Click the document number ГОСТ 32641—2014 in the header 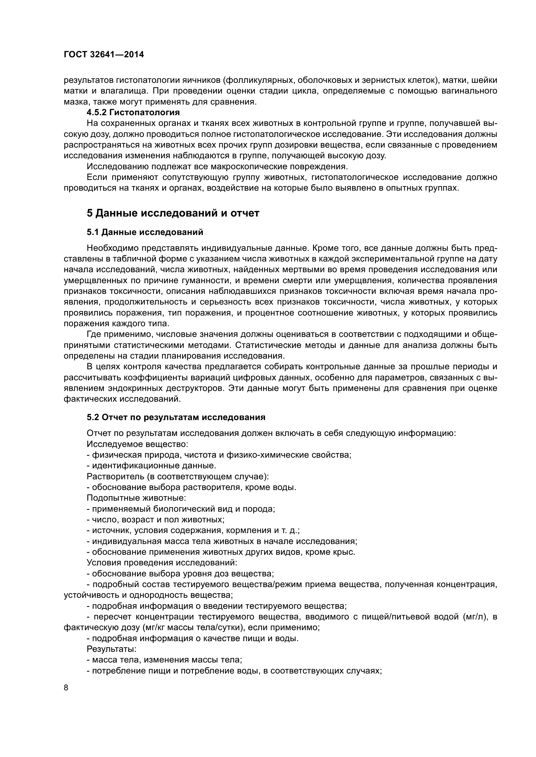(x=104, y=55)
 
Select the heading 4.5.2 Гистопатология (x=133, y=112)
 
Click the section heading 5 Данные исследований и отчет (x=173, y=213)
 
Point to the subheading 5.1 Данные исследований (x=145, y=232)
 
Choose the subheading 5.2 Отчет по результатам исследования (x=176, y=417)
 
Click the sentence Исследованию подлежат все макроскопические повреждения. (x=217, y=166)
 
